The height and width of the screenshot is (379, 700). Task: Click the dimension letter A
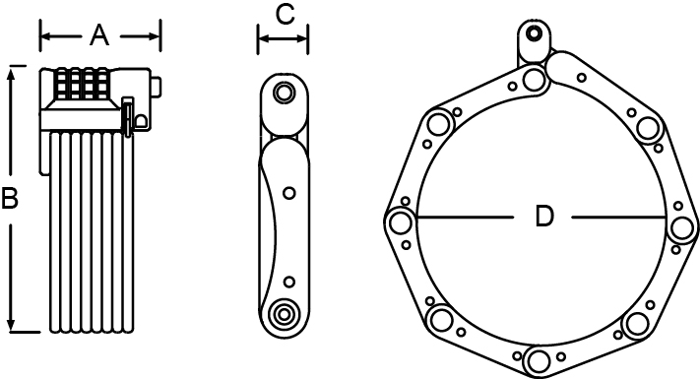click(98, 35)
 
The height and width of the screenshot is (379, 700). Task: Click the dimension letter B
click(9, 198)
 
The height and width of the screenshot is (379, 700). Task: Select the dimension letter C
click(285, 14)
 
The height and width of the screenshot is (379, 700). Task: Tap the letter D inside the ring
click(543, 217)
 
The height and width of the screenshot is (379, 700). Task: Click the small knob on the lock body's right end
click(157, 87)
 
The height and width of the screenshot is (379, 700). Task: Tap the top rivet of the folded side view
click(283, 93)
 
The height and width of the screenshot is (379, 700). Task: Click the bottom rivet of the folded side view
click(283, 314)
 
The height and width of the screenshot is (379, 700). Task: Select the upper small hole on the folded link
click(289, 193)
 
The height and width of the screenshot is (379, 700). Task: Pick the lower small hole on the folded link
click(289, 283)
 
